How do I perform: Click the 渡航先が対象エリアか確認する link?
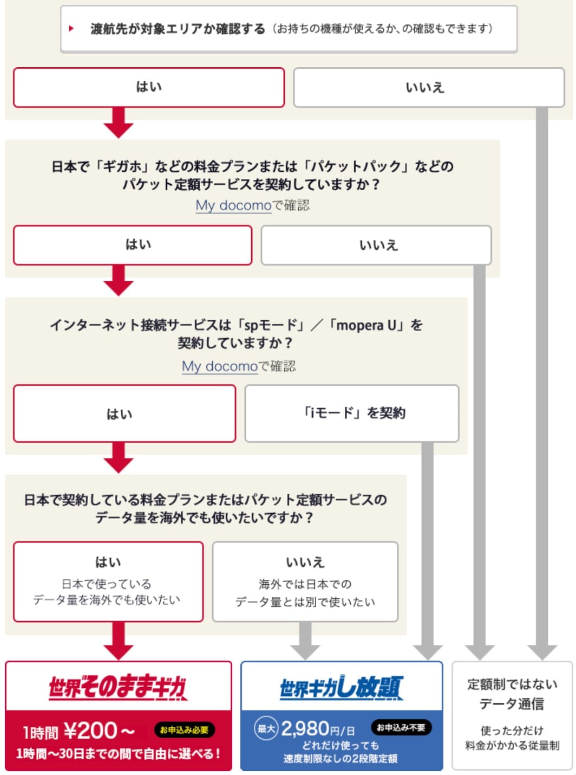(178, 29)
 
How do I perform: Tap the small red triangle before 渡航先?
(71, 29)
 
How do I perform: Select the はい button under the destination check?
(149, 87)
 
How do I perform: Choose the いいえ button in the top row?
(428, 87)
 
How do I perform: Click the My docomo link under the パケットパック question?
(233, 205)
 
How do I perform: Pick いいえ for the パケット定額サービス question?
(376, 246)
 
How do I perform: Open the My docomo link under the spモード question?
(219, 366)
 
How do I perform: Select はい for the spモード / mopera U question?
(125, 414)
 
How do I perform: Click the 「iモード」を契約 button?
(352, 414)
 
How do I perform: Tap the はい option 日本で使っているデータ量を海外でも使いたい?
(108, 582)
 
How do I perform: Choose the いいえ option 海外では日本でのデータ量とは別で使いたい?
(305, 582)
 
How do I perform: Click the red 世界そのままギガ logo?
(118, 688)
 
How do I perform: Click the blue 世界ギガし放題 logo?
(341, 688)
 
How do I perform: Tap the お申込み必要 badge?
(184, 730)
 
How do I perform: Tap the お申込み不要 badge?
(401, 727)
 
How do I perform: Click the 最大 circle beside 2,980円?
(266, 728)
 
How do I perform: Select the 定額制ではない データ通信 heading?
(512, 694)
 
